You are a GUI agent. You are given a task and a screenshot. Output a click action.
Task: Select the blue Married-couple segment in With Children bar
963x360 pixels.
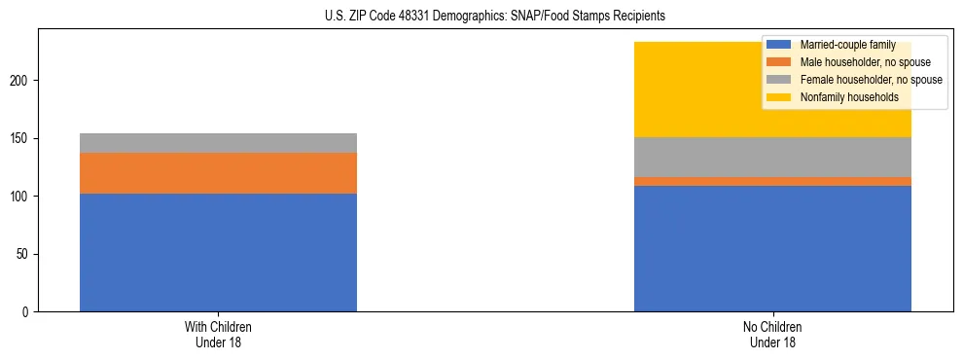click(218, 252)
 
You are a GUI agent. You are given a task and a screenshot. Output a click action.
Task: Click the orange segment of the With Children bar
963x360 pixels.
click(218, 173)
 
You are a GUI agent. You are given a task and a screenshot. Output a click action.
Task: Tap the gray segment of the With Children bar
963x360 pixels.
click(218, 143)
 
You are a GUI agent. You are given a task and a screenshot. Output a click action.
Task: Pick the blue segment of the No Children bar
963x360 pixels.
click(772, 248)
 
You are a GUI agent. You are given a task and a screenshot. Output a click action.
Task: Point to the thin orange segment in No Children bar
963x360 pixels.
click(772, 181)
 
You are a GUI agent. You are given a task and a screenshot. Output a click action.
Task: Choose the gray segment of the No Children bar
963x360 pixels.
click(772, 157)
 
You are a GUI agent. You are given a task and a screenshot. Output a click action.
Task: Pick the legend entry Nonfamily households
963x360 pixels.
click(842, 97)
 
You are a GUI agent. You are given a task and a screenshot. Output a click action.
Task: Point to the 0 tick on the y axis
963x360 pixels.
click(29, 312)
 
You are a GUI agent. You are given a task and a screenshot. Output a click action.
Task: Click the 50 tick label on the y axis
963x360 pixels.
click(26, 255)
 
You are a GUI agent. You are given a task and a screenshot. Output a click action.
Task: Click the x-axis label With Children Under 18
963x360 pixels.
click(218, 335)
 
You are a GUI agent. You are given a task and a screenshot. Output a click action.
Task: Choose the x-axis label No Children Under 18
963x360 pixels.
click(772, 335)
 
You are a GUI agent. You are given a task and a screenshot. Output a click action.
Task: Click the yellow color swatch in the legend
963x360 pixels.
click(778, 97)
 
